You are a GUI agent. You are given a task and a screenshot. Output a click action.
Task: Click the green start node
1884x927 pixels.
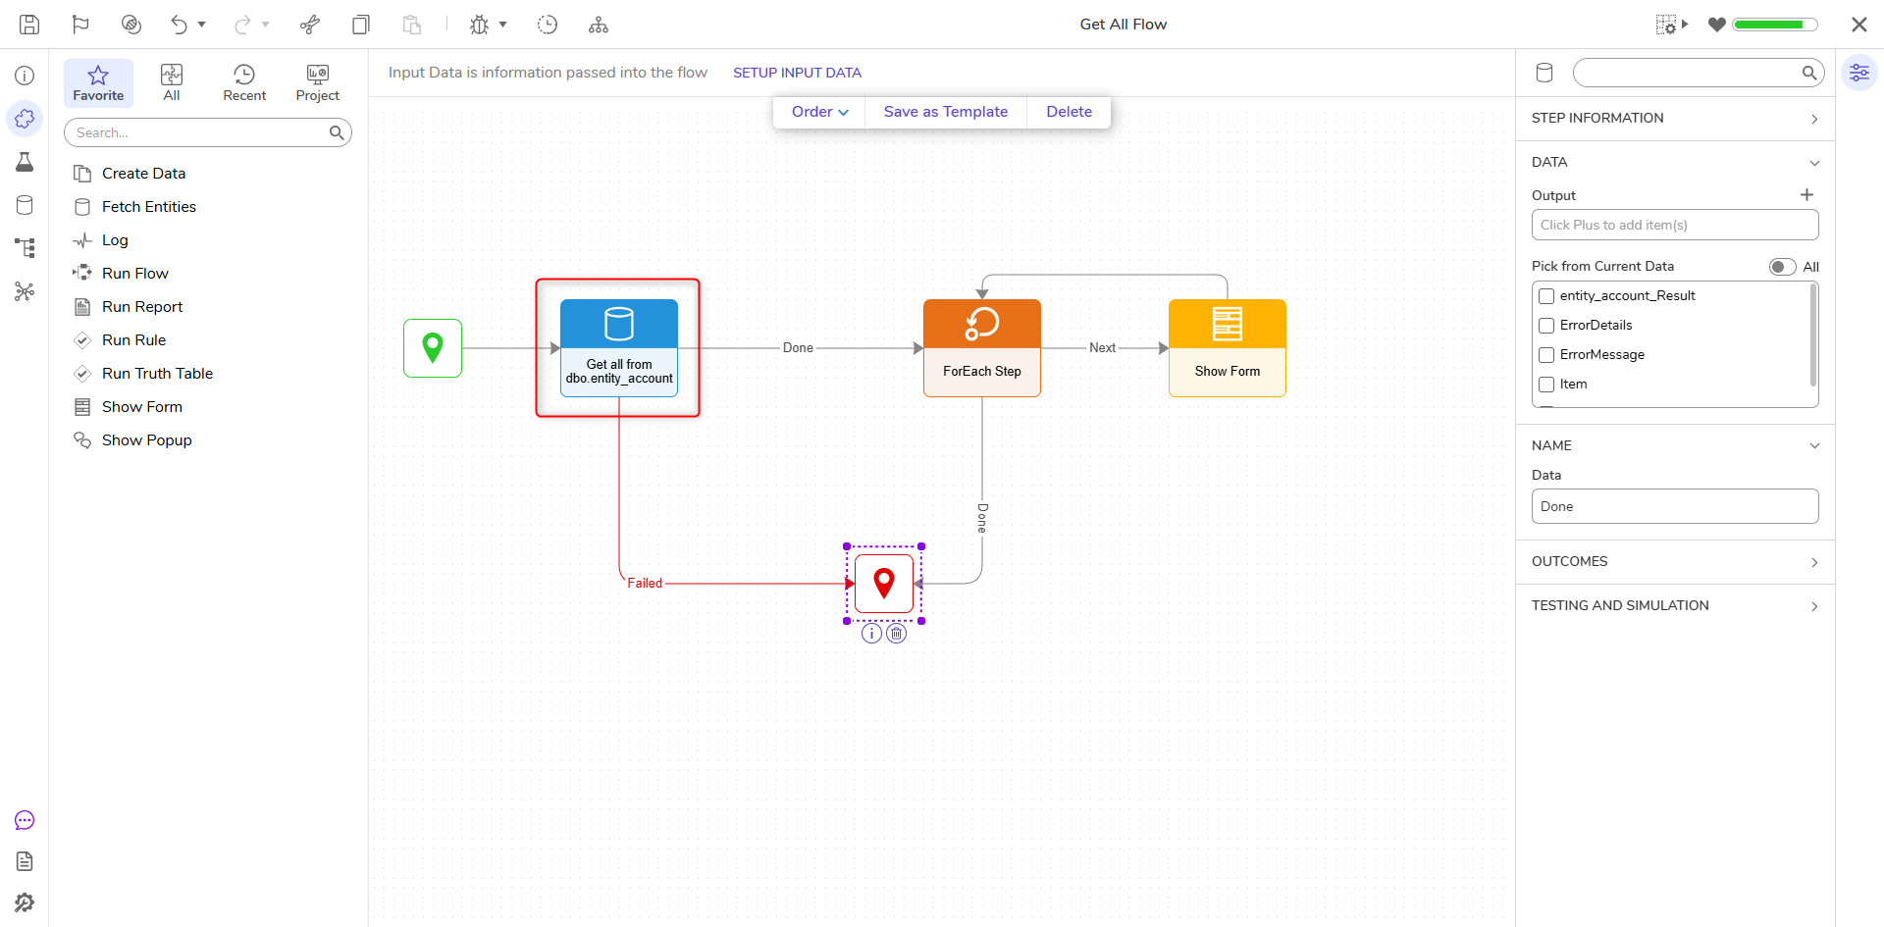pos(433,348)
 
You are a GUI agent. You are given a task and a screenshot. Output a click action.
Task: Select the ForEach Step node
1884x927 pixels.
pos(982,348)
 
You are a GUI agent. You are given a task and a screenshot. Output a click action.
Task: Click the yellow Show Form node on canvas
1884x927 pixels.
pos(1228,348)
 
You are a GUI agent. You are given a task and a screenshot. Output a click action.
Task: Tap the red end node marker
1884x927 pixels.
pos(884,584)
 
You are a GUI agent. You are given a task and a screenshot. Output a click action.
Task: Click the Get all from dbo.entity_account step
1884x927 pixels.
pos(619,348)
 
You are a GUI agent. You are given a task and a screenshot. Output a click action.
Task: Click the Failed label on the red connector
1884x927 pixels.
pos(645,584)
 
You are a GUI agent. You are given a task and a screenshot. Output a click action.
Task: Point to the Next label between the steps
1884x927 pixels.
pos(1102,348)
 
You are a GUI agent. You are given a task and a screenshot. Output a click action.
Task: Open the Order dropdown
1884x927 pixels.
pos(819,112)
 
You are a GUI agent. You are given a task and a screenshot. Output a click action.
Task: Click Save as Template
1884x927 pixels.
pos(946,112)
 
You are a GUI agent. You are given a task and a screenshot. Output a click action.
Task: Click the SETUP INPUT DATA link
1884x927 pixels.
pos(797,73)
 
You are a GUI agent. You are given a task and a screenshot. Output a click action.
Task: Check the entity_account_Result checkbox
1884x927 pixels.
pos(1546,296)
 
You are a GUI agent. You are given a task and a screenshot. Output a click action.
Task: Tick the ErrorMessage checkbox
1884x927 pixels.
pos(1546,355)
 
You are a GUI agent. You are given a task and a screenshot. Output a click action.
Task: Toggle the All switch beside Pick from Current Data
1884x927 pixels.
pos(1782,267)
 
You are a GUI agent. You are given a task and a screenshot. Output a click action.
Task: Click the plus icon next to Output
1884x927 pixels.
pos(1806,195)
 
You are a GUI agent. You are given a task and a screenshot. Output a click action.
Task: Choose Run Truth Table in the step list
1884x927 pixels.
pos(157,374)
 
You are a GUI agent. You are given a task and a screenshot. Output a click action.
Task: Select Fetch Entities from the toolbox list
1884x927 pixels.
pos(149,207)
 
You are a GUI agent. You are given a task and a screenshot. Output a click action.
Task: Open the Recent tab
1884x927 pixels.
pos(244,83)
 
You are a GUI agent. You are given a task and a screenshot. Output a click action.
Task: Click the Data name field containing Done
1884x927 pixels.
pos(1675,506)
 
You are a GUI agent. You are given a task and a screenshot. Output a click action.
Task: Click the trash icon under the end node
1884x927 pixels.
pos(897,634)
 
